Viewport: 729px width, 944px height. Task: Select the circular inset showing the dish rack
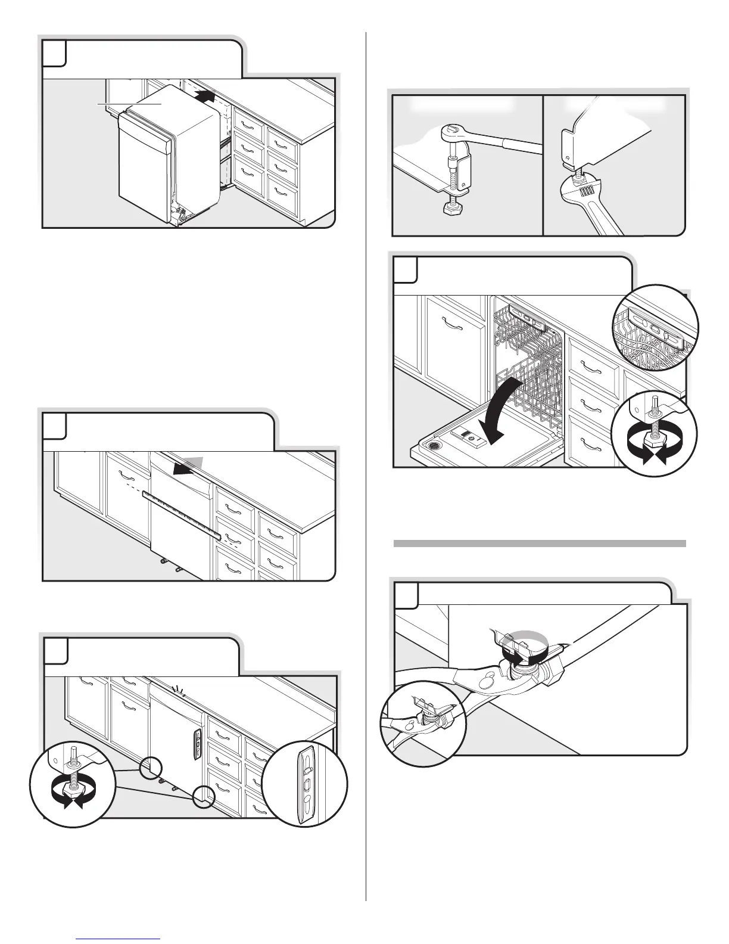655,328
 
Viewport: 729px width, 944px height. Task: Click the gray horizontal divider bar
540,544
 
